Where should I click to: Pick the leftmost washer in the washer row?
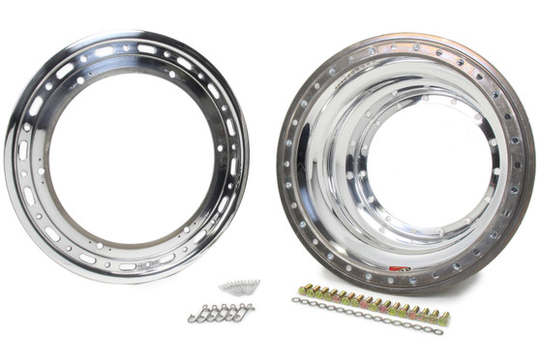click(295, 303)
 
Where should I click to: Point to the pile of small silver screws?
click(239, 287)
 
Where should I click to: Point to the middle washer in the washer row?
click(369, 316)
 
